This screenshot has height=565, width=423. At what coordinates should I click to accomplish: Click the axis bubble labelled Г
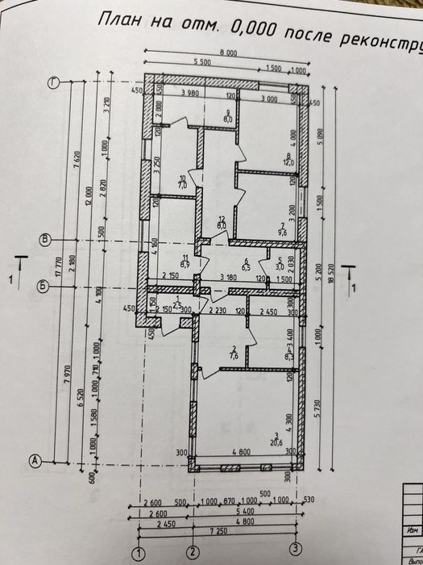(x=54, y=82)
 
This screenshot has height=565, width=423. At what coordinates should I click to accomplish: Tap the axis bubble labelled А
(x=35, y=461)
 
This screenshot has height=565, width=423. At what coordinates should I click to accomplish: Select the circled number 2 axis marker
(x=193, y=551)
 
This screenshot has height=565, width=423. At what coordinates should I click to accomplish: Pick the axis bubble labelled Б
(x=44, y=285)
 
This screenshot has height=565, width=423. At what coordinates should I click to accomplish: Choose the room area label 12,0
(x=287, y=162)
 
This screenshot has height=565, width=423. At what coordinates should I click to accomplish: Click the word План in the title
(x=122, y=20)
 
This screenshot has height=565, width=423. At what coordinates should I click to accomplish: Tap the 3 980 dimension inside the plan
(x=190, y=93)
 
